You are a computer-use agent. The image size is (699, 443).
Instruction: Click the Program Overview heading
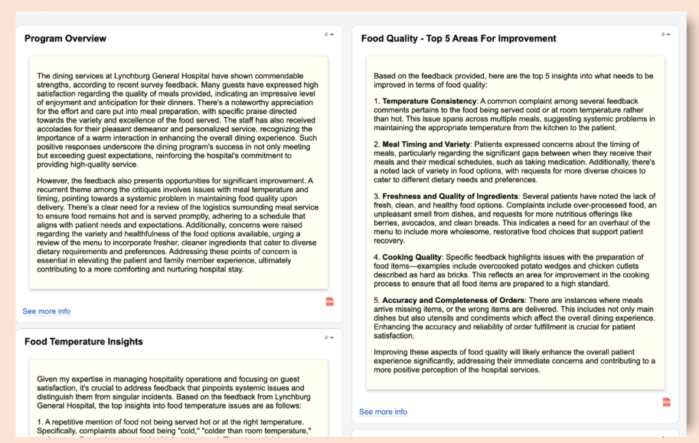(66, 38)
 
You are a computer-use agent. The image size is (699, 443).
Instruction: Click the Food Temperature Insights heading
(84, 341)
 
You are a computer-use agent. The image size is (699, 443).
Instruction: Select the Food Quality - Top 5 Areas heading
(458, 38)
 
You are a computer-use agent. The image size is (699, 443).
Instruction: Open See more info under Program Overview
(46, 311)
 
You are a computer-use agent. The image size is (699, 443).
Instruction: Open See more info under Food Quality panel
(383, 412)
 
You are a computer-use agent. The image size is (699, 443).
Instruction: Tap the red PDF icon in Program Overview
(330, 301)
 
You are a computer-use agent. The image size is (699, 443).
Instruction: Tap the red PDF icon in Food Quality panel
(666, 402)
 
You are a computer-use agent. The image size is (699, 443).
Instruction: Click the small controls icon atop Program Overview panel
(329, 34)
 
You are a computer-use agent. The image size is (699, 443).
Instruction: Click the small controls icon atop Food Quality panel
(665, 34)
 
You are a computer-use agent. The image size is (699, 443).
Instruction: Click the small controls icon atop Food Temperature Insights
(329, 337)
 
